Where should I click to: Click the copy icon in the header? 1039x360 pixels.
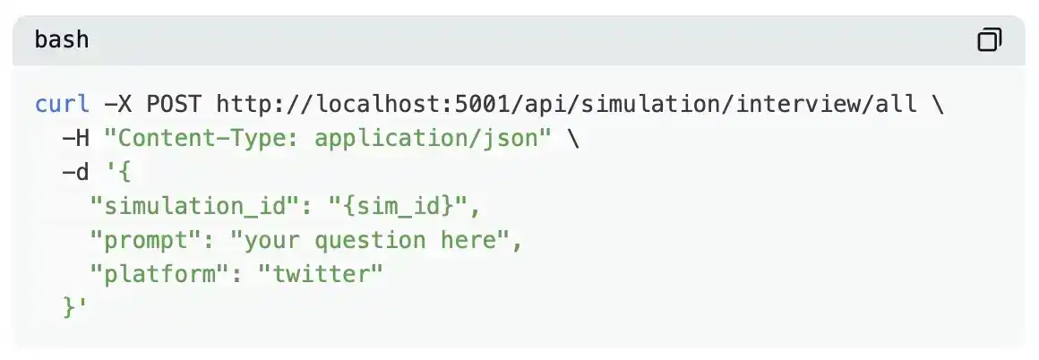pyautogui.click(x=989, y=40)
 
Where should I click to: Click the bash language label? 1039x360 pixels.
pyautogui.click(x=62, y=40)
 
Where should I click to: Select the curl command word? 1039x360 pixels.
pyautogui.click(x=62, y=104)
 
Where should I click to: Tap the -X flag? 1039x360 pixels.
pyautogui.click(x=118, y=104)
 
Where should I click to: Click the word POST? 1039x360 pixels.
pyautogui.click(x=174, y=104)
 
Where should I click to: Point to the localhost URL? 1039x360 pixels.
pyautogui.click(x=567, y=104)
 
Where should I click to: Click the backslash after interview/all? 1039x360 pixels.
pyautogui.click(x=938, y=104)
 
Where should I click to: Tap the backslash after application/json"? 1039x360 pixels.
pyautogui.click(x=573, y=138)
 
